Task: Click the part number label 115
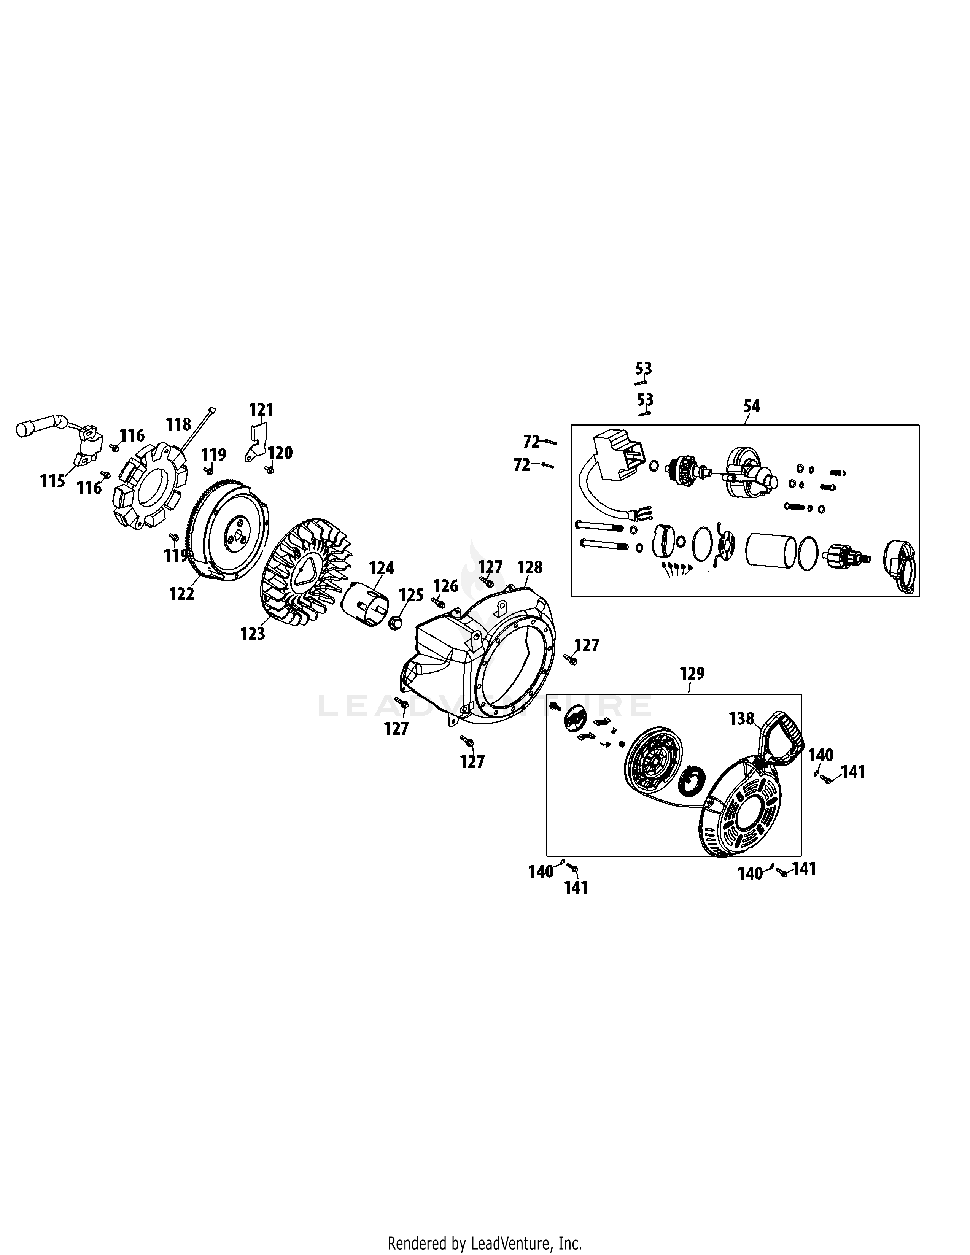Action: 52,481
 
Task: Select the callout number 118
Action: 178,425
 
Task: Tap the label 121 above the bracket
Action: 261,410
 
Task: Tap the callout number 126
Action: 445,586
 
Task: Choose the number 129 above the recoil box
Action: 692,673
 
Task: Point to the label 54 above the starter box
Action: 751,406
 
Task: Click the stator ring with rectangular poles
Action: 150,486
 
